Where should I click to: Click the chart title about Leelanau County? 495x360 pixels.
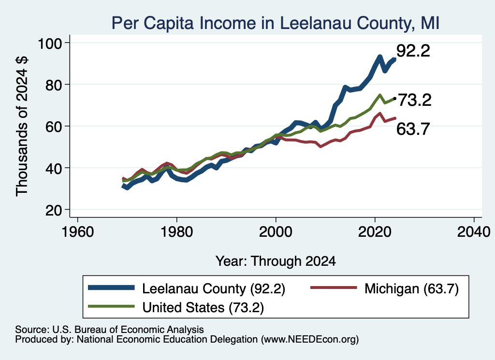coord(276,23)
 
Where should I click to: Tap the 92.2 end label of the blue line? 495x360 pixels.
coord(413,50)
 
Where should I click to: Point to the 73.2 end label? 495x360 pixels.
coord(414,100)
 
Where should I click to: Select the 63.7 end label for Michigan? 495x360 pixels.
coord(413,129)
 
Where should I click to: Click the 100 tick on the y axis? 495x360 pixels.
coord(50,43)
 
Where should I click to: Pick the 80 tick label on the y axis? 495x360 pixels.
coord(53,85)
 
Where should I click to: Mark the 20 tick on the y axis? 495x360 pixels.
coord(53,210)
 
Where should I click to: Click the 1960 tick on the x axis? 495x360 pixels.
coord(78,232)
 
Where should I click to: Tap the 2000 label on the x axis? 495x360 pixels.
coord(276,232)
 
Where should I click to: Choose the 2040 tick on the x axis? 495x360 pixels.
coord(474,232)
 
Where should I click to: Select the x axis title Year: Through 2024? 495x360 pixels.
coord(276,261)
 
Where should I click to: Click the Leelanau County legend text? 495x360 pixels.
coord(214,288)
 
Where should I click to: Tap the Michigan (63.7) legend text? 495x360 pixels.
coord(411,288)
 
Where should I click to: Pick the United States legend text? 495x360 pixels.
coord(203,307)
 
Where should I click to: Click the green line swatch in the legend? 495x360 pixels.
coord(112,306)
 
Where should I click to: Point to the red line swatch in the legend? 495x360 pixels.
coord(334,288)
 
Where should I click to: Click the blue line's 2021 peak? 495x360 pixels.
coord(380,57)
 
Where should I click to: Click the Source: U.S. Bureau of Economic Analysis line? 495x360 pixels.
coord(109,330)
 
